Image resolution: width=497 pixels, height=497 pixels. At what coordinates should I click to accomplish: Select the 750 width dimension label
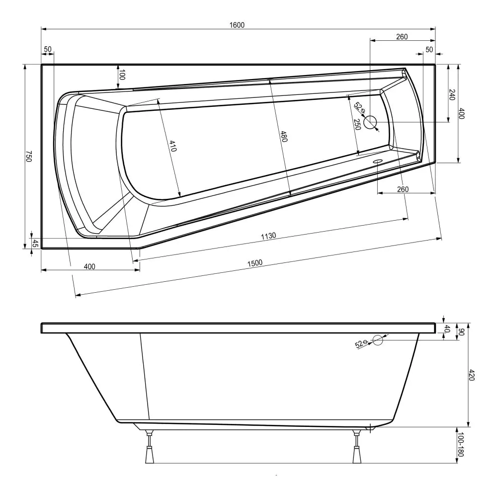(29, 158)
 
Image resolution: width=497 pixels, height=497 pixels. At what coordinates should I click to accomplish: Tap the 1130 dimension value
(268, 236)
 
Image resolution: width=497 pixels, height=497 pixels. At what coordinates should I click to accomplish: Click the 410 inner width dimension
(172, 146)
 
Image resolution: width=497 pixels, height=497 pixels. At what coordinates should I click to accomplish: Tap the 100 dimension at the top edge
(122, 76)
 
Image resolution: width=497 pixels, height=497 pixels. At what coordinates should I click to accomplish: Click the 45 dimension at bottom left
(35, 243)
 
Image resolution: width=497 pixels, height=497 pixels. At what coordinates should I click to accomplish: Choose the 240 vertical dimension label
(452, 94)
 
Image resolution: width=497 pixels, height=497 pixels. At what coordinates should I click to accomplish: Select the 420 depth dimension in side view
(472, 376)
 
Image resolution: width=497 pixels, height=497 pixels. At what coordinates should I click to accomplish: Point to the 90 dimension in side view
(461, 331)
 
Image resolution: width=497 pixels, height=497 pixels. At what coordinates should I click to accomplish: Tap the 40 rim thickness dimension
(447, 329)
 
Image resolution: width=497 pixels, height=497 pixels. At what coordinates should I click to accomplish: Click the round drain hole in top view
(370, 122)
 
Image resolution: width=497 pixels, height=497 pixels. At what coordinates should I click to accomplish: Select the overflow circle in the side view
(378, 340)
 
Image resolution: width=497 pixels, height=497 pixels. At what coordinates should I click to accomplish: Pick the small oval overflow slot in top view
(378, 162)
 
